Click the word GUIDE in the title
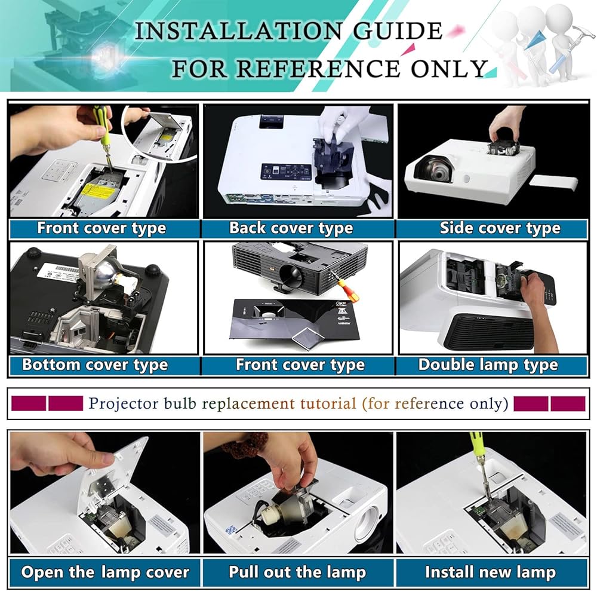(397, 31)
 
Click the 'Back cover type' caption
(291, 228)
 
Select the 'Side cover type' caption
(500, 228)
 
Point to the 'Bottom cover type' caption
(95, 365)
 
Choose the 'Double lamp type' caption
(488, 365)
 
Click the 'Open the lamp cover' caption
(105, 572)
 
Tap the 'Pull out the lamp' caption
(297, 572)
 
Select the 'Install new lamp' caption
(490, 572)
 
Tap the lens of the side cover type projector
(436, 170)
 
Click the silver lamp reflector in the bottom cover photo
(103, 274)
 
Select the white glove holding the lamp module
(343, 122)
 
